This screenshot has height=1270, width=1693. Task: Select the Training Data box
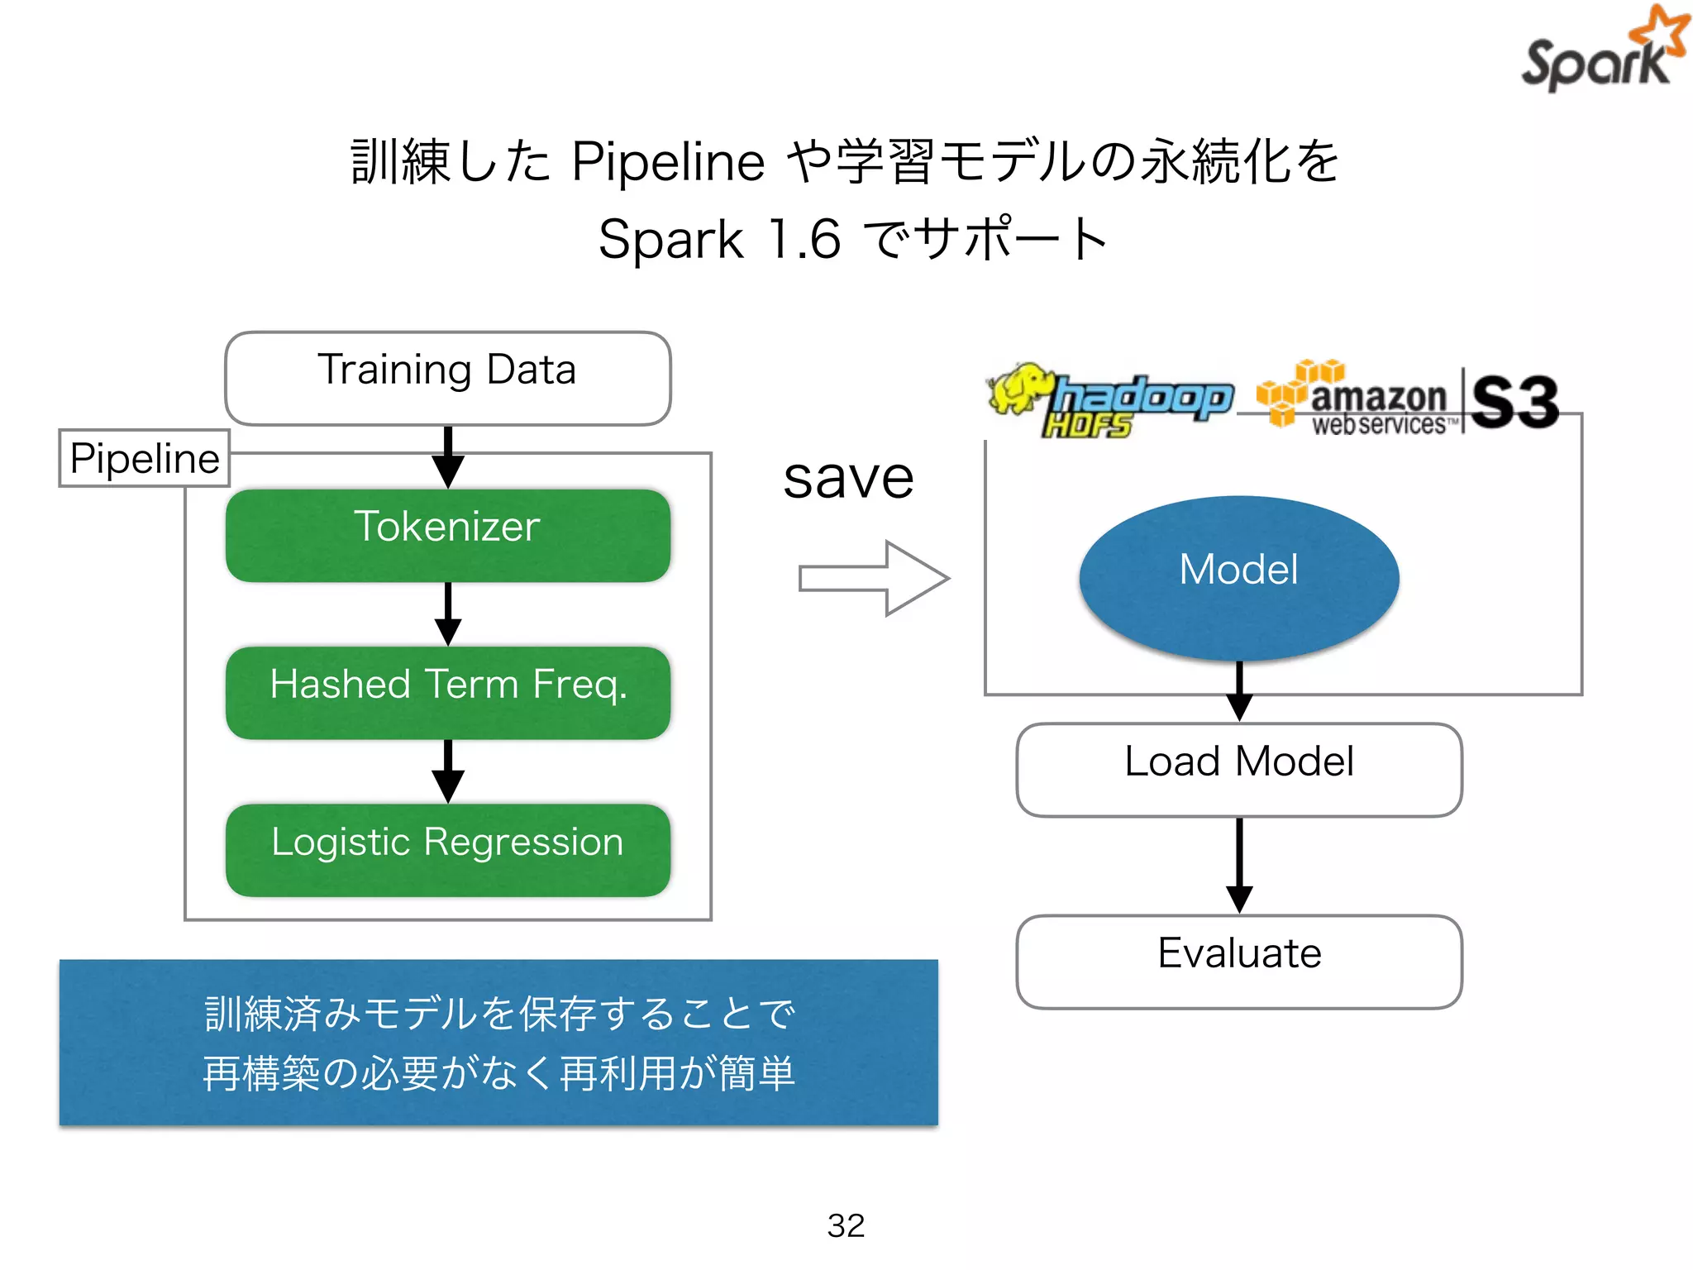(447, 378)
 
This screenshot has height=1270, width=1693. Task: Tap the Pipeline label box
(144, 458)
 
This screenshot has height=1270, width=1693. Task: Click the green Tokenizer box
(447, 535)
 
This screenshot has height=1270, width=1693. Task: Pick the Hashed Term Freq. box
(447, 692)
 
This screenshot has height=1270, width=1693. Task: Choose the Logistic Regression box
(447, 849)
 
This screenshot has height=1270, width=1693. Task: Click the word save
(848, 479)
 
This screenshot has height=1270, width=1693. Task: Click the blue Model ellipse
(1238, 577)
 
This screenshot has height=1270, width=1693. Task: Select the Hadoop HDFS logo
(1109, 400)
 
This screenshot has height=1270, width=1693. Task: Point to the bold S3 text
(1514, 402)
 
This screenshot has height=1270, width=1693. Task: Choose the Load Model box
(1238, 769)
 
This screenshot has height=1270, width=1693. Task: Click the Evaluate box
(1238, 961)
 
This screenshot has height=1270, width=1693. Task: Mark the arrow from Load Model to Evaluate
(1238, 865)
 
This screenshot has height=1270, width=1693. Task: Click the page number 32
(846, 1225)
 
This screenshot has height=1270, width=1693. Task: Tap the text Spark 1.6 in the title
(719, 240)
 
